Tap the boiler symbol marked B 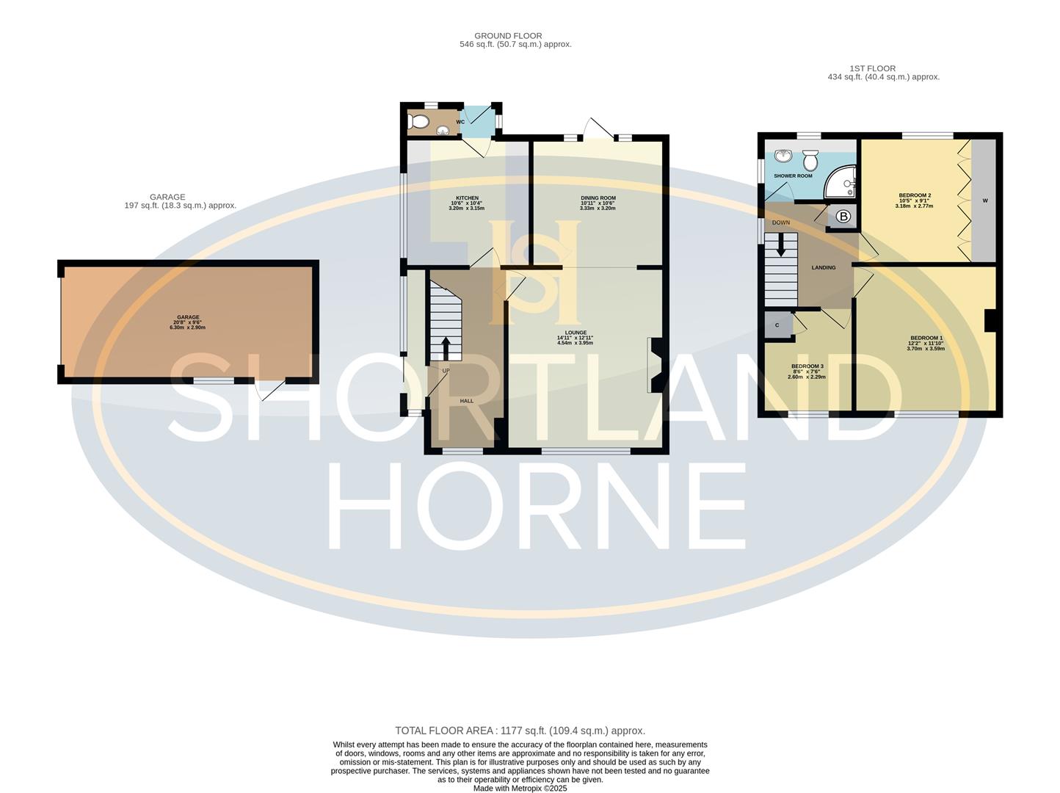click(x=843, y=217)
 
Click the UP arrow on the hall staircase click(x=446, y=347)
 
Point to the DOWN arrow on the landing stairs click(x=781, y=245)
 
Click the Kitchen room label click(x=467, y=198)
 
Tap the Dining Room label click(x=598, y=198)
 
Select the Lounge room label click(x=576, y=333)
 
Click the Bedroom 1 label click(x=926, y=338)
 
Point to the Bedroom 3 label click(x=807, y=366)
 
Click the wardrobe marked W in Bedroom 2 click(x=985, y=200)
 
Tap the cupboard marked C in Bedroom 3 click(x=777, y=325)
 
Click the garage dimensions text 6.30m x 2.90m click(x=188, y=327)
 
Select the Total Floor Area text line click(x=520, y=731)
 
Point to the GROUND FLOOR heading click(x=508, y=35)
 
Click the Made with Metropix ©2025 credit click(x=520, y=789)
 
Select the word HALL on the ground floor click(x=467, y=401)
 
